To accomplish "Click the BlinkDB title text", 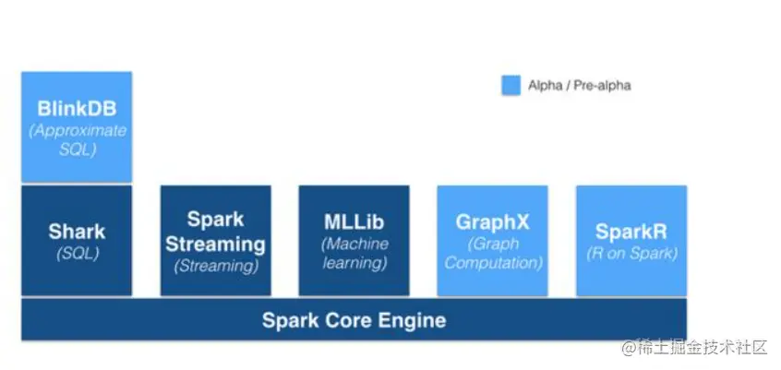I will click(77, 110).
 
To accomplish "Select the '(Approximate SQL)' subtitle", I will click(78, 139).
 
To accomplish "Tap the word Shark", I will click(77, 232).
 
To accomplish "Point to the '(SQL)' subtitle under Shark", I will click(77, 253).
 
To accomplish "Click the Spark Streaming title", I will click(215, 232).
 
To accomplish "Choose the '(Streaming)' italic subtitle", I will click(215, 266).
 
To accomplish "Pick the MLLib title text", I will click(354, 222).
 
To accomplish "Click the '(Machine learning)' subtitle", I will click(354, 253).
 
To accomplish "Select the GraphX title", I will click(492, 222).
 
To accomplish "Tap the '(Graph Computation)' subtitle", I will click(492, 253).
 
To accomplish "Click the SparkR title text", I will click(631, 232).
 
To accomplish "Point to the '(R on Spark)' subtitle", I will click(631, 253).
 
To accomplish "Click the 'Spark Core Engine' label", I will click(354, 321).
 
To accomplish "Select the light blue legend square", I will click(511, 85).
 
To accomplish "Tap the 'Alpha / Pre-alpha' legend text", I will click(579, 86).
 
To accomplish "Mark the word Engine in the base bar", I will click(412, 321).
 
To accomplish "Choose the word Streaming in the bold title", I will click(215, 244).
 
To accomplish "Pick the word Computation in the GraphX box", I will click(492, 263).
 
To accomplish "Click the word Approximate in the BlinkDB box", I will click(78, 130).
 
